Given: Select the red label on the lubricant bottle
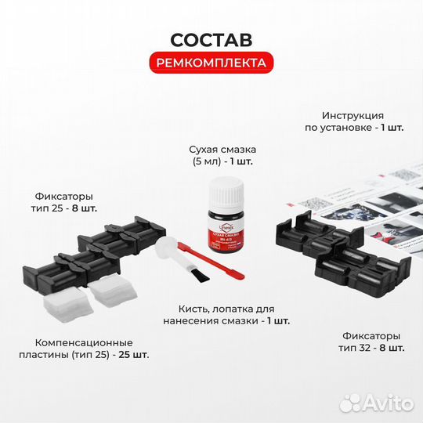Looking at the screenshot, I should (x=224, y=234).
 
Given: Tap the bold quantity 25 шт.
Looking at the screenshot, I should (x=134, y=355).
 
